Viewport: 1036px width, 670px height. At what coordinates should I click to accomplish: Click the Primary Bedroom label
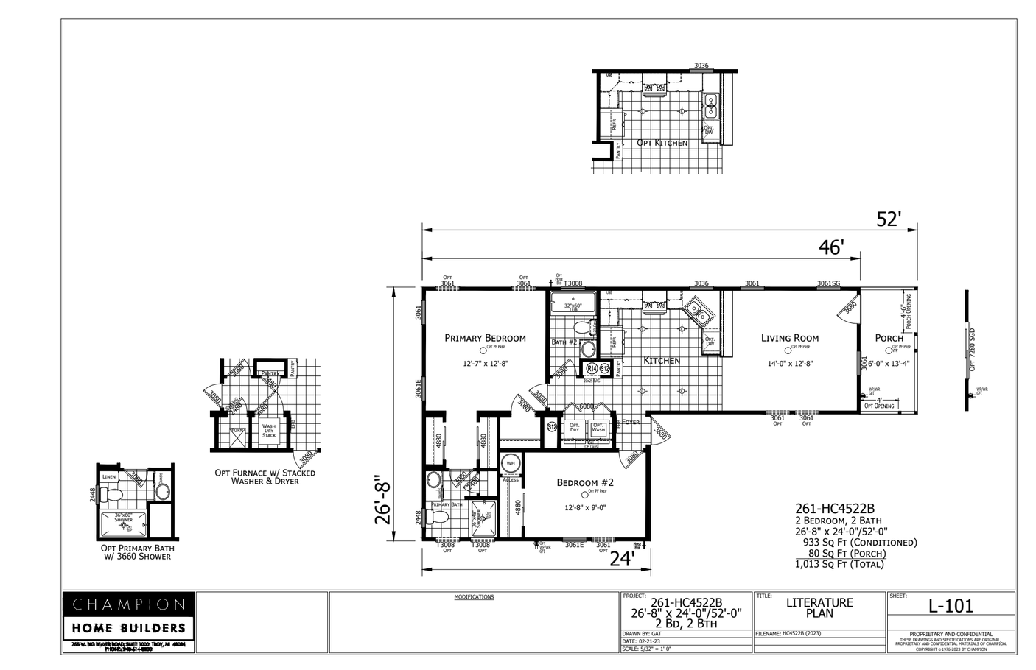coord(485,338)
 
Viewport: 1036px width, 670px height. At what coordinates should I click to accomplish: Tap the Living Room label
coord(789,338)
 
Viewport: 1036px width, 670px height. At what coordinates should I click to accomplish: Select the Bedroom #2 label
coord(584,482)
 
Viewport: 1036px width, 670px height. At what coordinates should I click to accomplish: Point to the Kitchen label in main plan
coord(662,360)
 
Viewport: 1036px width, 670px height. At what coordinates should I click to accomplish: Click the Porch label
coord(889,338)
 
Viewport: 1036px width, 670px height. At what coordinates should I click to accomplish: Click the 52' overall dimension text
coord(889,219)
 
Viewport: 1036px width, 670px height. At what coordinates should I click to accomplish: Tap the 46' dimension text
coord(830,247)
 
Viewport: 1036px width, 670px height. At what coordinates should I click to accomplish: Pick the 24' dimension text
coord(621,559)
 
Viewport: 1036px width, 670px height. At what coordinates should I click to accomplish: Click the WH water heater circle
coord(510,464)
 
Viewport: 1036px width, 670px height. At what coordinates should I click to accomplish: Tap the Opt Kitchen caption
coord(662,142)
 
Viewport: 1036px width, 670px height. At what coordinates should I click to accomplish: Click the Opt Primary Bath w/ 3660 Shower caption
coord(138,552)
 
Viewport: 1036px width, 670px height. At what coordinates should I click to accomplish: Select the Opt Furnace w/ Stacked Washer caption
coord(265,476)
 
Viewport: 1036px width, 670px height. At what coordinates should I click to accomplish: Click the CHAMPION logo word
coord(128,604)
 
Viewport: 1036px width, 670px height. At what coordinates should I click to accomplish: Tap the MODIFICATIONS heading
coord(474,597)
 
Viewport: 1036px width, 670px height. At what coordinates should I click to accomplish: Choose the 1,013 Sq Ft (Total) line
coord(839,564)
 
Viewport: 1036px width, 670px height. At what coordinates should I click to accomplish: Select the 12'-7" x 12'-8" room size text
coord(485,363)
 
